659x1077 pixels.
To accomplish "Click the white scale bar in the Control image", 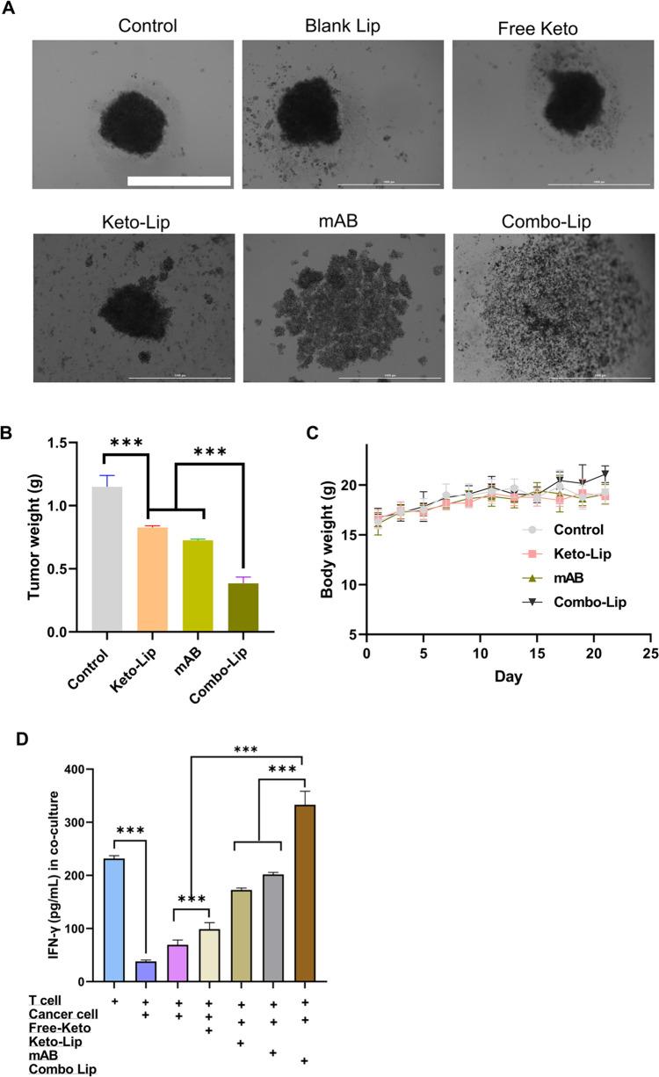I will [x=178, y=181].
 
